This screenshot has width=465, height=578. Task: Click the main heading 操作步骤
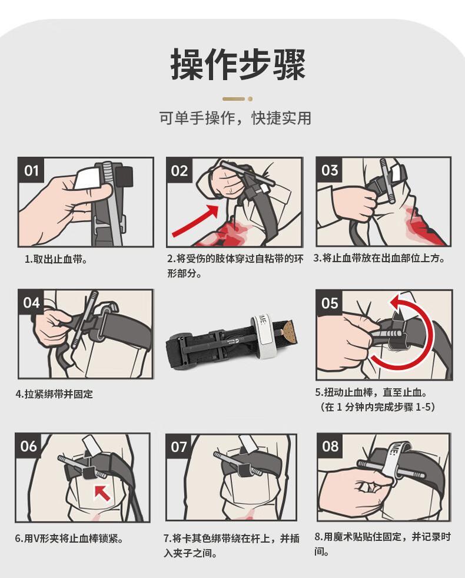click(238, 65)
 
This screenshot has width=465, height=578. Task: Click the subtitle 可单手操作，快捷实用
click(235, 118)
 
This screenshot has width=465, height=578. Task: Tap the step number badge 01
click(31, 170)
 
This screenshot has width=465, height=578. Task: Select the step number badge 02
click(180, 171)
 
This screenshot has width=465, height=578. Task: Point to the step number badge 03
click(330, 170)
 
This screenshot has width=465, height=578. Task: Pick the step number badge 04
click(31, 303)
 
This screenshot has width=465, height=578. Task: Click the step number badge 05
click(330, 303)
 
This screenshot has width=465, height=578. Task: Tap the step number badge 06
click(28, 446)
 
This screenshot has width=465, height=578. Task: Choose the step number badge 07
click(179, 447)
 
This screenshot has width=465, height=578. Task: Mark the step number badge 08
click(330, 447)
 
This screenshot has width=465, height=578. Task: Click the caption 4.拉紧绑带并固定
click(54, 394)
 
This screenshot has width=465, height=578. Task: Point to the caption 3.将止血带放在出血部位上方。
click(380, 258)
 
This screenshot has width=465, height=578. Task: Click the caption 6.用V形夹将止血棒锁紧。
click(69, 539)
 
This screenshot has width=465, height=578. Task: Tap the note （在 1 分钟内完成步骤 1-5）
click(377, 407)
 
